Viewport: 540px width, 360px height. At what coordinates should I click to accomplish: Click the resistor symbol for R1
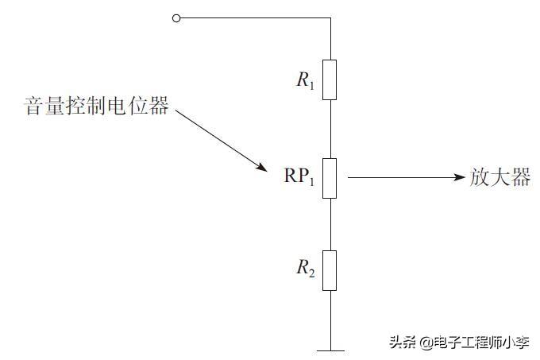pos(329,79)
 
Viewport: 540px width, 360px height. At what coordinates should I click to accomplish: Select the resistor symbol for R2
pos(329,269)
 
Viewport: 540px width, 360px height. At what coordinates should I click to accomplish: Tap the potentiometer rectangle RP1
pos(329,176)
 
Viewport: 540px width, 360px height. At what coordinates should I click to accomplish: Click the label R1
pos(306,79)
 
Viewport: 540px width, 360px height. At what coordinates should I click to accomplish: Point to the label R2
pos(306,269)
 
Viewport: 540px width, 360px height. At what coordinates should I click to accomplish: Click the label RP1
pos(299,177)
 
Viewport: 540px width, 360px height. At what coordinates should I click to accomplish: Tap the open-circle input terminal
pos(176,17)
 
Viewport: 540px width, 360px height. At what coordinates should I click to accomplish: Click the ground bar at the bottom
pos(329,349)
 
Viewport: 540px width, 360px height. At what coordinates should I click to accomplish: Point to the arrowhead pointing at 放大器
pos(458,176)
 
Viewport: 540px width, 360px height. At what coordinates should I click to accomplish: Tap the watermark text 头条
pos(402,342)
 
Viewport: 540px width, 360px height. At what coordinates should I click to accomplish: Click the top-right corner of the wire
pos(329,17)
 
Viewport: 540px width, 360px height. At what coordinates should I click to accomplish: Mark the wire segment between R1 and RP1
pos(329,129)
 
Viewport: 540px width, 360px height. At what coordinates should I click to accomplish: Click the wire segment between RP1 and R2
pos(329,223)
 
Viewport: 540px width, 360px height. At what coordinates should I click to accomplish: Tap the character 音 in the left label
pos(34,106)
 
